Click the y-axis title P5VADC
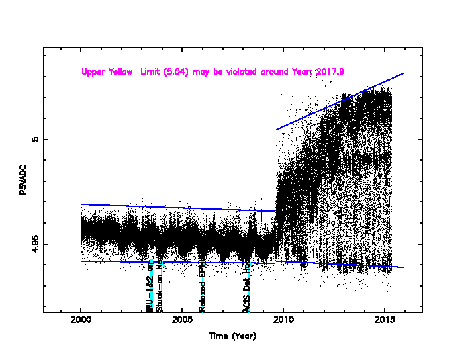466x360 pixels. click(23, 179)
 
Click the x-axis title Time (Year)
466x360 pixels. click(232, 336)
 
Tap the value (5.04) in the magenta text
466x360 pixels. click(177, 71)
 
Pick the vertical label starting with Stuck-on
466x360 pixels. click(159, 286)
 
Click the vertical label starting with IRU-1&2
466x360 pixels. click(150, 286)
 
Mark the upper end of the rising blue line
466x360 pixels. click(404, 73)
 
